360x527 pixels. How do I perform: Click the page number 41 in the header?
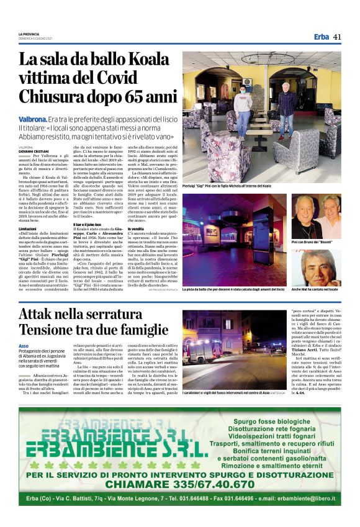336,37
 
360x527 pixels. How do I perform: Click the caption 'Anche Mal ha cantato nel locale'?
316,290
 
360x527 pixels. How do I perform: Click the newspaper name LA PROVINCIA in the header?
29,34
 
